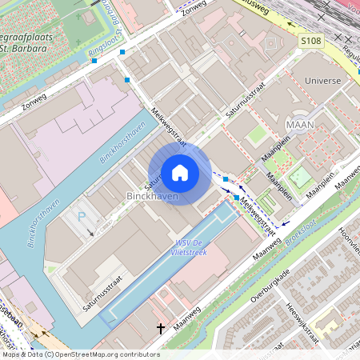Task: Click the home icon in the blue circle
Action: (x=180, y=172)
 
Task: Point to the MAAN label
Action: (x=299, y=124)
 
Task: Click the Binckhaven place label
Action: (x=152, y=196)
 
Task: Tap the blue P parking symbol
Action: (x=81, y=216)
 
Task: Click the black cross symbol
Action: (x=160, y=328)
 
